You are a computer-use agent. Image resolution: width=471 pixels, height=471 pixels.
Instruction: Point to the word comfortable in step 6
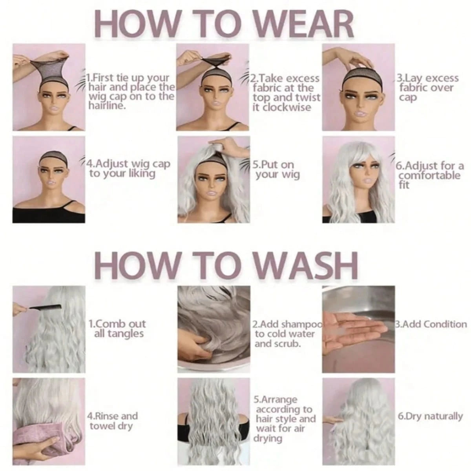[429, 175]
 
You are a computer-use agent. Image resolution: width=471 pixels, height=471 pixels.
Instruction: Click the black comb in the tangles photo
[44, 306]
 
